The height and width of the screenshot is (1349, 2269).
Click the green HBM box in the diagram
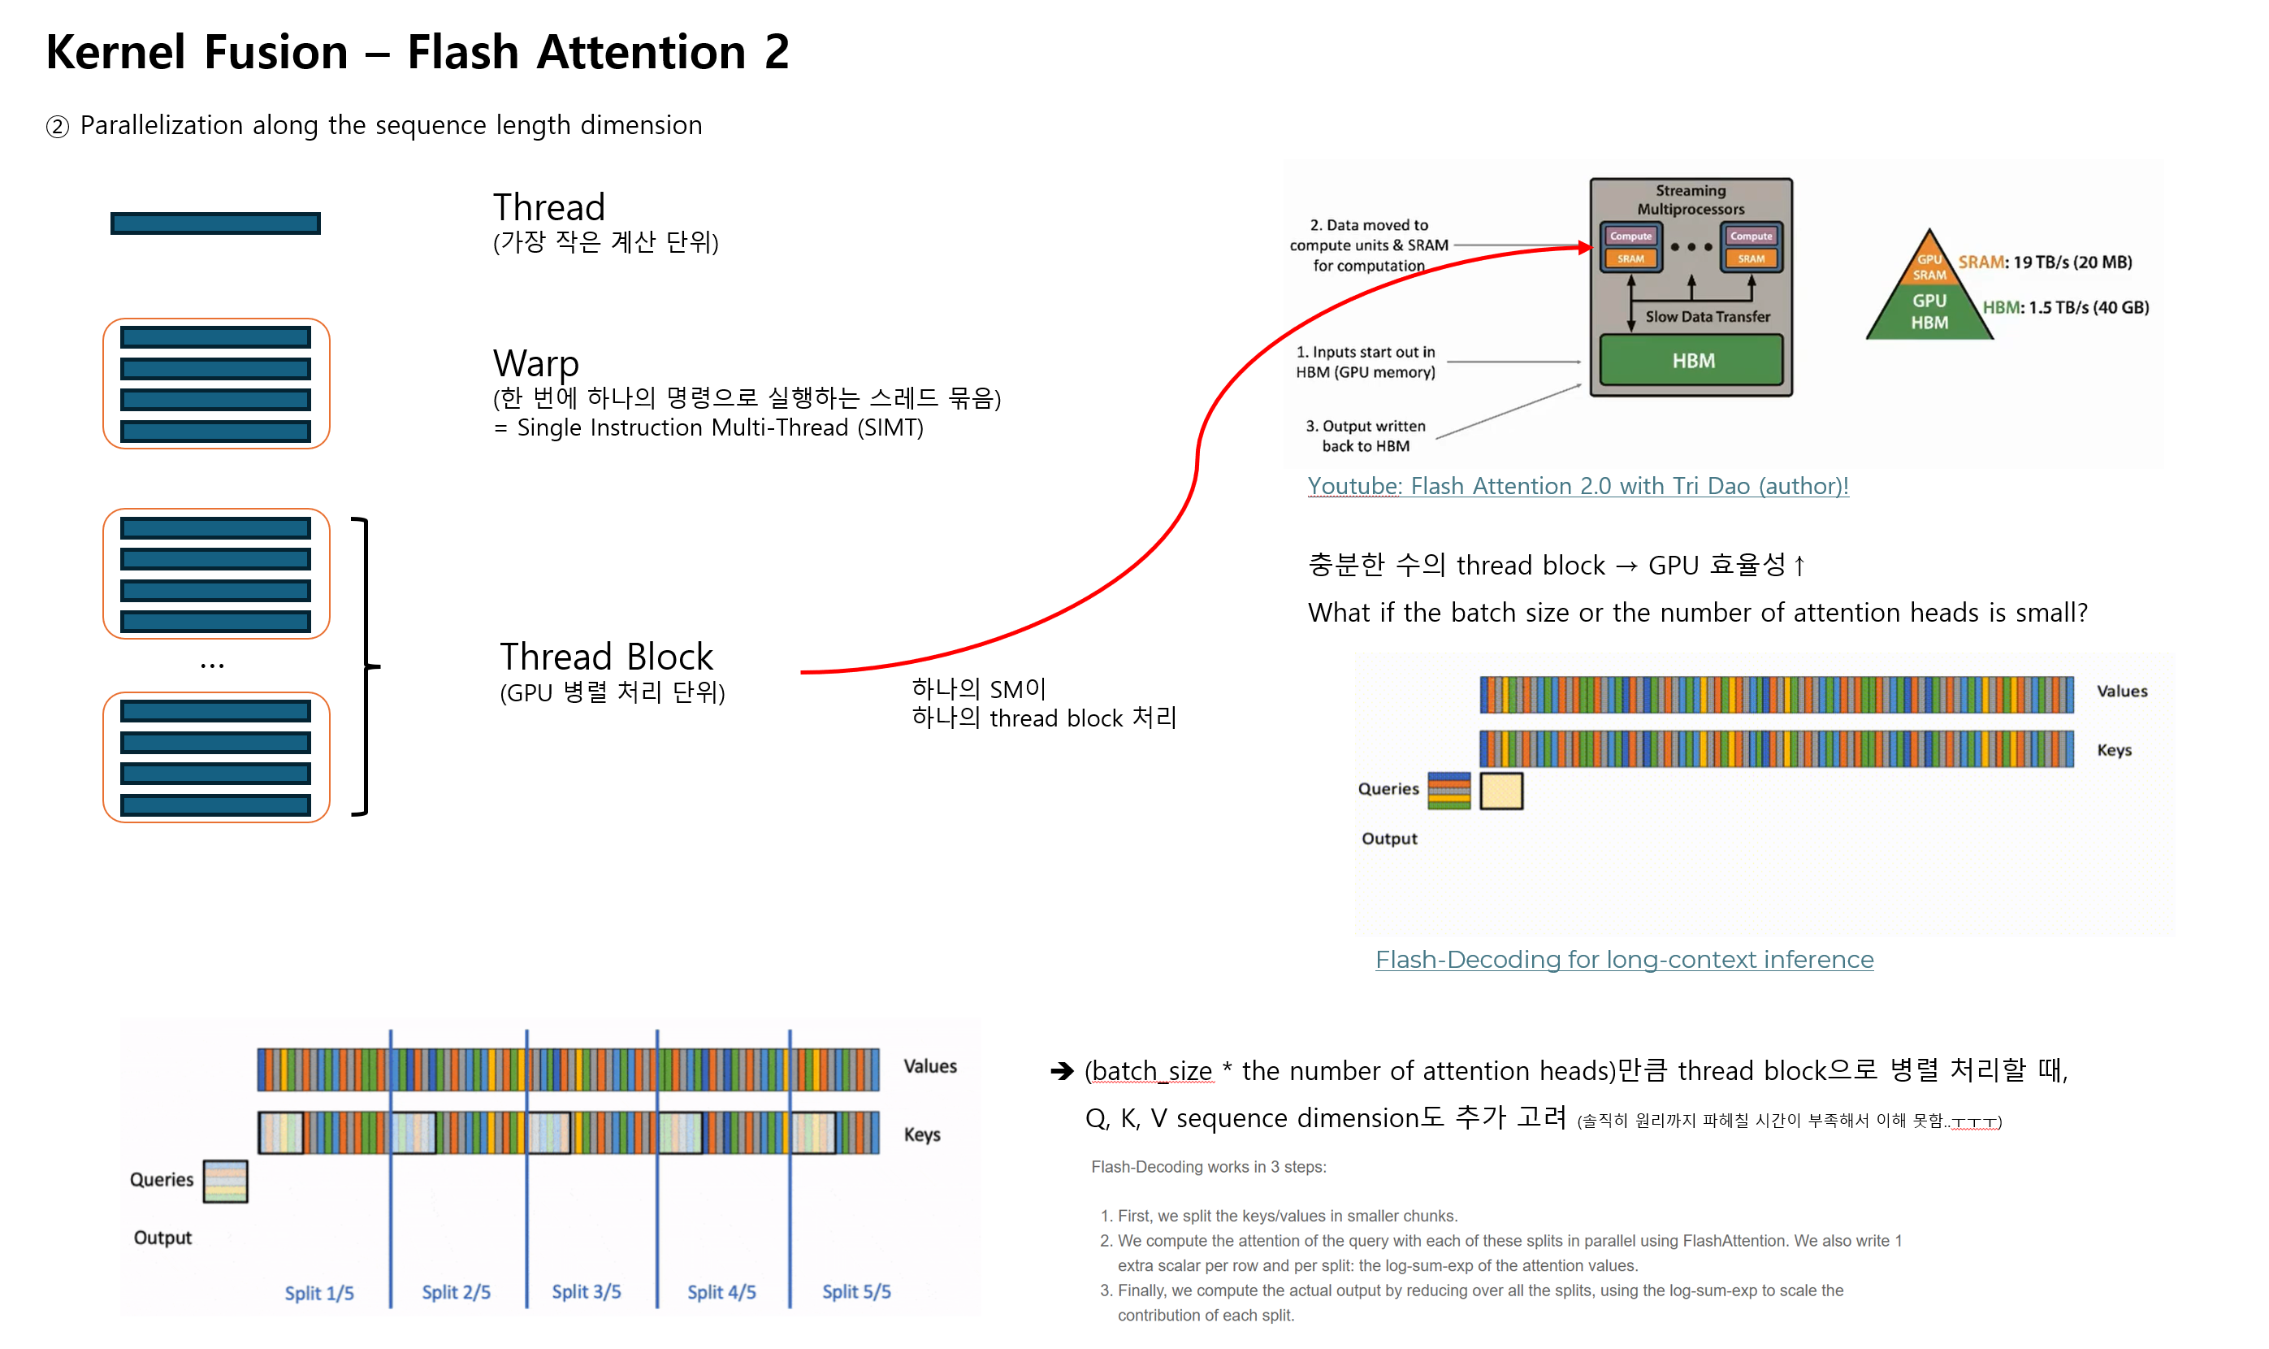(x=1691, y=360)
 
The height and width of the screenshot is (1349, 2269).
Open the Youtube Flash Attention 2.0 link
(x=1578, y=486)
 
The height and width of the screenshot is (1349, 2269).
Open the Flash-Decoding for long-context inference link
(x=1624, y=960)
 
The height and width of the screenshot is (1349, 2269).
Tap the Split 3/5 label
(x=586, y=1292)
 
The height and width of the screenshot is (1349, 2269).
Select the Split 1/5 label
(x=319, y=1293)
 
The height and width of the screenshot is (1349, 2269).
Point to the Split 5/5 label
(x=856, y=1292)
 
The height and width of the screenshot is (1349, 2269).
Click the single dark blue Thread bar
(x=215, y=223)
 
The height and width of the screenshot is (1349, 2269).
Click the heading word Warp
(x=535, y=362)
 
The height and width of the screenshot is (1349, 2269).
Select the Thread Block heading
(x=606, y=657)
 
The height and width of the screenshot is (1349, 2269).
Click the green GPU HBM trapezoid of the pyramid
(x=1929, y=312)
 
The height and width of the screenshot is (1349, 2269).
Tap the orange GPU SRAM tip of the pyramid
(x=1929, y=262)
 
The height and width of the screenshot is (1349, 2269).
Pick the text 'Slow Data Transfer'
(x=1708, y=316)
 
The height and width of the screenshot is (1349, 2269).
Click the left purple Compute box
(x=1630, y=236)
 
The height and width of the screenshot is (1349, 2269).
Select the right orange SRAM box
(x=1751, y=259)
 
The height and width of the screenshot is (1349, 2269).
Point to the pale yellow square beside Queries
(x=1501, y=791)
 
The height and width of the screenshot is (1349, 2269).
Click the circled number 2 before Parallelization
(x=57, y=126)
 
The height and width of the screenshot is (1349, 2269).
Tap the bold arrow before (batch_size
(x=1061, y=1072)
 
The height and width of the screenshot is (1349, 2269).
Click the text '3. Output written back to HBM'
(x=1365, y=436)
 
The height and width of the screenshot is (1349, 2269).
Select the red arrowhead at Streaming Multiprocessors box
(x=1584, y=246)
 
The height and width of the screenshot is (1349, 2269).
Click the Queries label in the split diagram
(x=162, y=1179)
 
